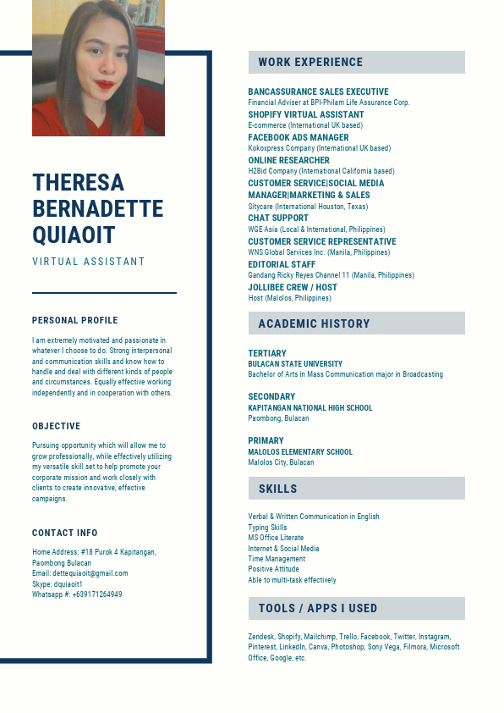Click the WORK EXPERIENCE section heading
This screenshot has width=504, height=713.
[310, 62]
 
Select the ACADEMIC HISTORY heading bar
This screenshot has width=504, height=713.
[314, 323]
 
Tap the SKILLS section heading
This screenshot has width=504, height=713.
[277, 489]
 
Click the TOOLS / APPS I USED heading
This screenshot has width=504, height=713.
[317, 608]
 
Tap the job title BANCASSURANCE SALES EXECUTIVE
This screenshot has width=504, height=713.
[318, 91]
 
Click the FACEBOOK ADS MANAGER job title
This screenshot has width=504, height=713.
[298, 137]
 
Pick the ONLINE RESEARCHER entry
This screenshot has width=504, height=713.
[288, 160]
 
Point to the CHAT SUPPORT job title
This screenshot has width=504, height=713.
[278, 218]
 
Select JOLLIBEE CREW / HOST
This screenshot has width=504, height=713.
[292, 287]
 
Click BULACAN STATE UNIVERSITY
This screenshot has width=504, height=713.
[295, 364]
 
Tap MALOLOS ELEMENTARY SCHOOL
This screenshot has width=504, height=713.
[300, 452]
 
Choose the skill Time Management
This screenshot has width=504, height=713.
[277, 559]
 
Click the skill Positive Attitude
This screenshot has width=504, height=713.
[273, 570]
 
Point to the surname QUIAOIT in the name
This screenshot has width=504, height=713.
[74, 235]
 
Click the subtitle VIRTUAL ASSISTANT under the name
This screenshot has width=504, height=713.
[89, 262]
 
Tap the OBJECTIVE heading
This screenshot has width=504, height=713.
[57, 426]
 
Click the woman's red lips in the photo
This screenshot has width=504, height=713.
[105, 84]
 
